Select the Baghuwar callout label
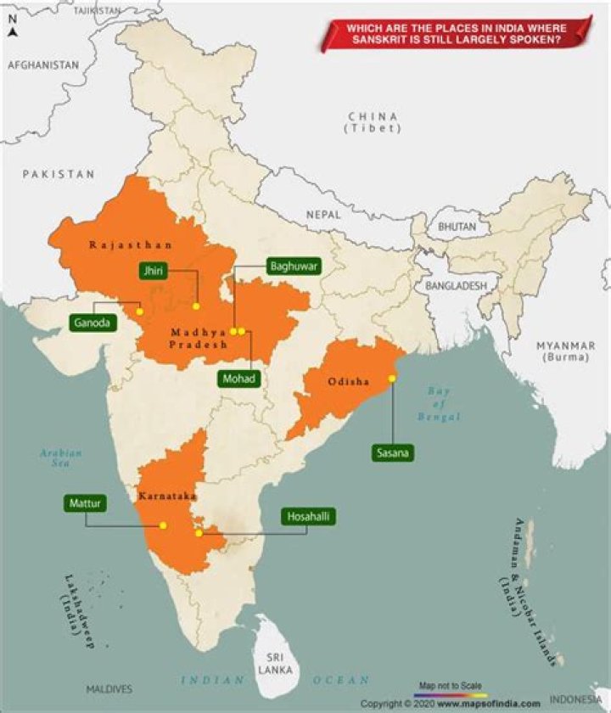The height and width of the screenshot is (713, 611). coord(294,266)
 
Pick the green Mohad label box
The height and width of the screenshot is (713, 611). coord(238,379)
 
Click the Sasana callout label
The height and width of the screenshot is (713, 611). coord(392,453)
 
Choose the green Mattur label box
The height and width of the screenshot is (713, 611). coord(86,504)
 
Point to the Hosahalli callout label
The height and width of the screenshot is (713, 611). coord(309,517)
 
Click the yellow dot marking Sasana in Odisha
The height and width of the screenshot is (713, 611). coord(392,378)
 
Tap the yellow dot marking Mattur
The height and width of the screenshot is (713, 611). coord(163,525)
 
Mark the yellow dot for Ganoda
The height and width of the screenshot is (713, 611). coord(139,312)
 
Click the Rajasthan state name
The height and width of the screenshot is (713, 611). coord(131,244)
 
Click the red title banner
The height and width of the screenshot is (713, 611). coord(456,33)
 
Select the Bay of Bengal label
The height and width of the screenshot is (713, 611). coord(438,404)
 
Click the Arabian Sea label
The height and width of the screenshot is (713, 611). coord(61,459)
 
